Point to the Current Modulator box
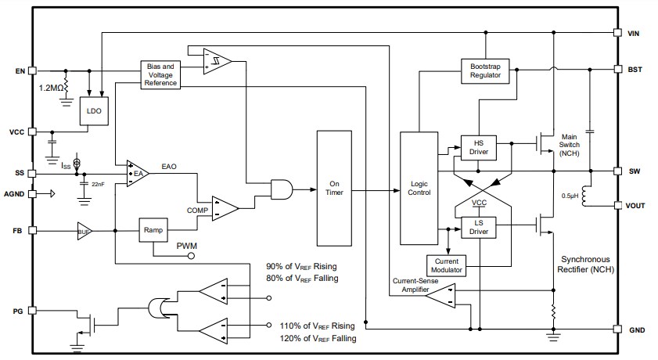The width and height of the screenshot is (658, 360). (x=447, y=265)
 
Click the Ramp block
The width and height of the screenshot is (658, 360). (x=153, y=230)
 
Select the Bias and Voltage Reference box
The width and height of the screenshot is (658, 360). (x=160, y=74)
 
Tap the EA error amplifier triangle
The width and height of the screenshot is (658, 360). (x=136, y=173)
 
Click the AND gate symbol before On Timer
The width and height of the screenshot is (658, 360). (x=280, y=189)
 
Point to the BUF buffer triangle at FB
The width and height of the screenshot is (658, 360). (x=85, y=231)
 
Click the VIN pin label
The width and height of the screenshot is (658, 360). (x=635, y=34)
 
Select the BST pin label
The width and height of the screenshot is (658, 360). (x=635, y=69)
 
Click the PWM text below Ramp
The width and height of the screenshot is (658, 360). (x=188, y=247)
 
